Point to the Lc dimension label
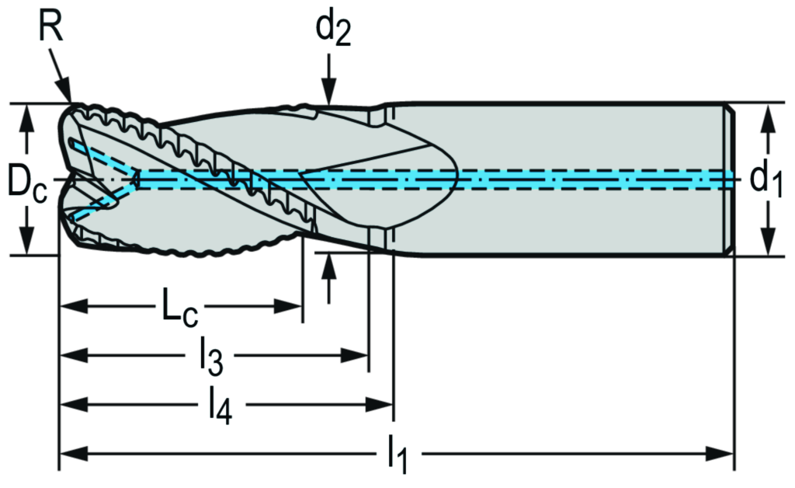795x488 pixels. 179,308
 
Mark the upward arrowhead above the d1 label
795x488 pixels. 768,113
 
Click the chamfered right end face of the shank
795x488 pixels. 728,178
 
